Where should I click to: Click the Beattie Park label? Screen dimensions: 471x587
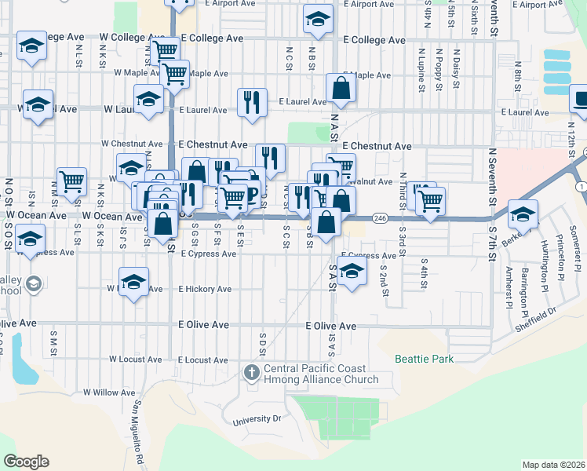tap(425, 359)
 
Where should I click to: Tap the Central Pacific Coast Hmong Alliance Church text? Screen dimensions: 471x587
tap(321, 374)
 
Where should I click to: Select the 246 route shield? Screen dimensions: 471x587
tap(381, 218)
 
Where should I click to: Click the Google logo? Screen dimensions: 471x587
tap(26, 462)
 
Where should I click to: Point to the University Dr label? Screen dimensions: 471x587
tap(257, 420)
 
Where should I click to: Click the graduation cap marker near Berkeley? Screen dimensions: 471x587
tap(523, 213)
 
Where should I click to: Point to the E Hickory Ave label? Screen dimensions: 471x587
tap(205, 289)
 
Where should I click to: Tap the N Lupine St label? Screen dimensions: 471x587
tap(421, 72)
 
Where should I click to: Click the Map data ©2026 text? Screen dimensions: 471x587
tap(552, 465)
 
